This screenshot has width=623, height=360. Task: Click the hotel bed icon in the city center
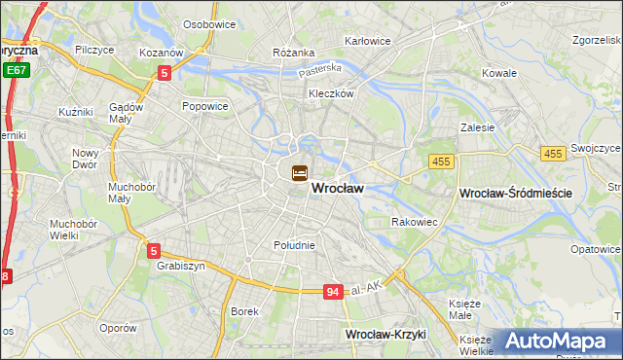point(299,173)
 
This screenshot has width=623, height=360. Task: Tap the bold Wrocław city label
point(338,192)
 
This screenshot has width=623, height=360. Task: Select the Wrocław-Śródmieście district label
point(515,195)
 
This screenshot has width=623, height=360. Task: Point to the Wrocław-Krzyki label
point(392,335)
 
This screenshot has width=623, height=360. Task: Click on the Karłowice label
point(368,42)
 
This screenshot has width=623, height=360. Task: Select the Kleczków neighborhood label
point(331,94)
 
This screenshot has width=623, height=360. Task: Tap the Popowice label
point(204,105)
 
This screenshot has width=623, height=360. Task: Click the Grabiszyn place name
point(177,265)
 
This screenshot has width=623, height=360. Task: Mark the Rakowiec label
point(414,222)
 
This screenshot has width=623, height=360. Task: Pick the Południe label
point(294,245)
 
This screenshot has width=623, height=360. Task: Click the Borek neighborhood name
point(244,311)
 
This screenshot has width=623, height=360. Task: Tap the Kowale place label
point(499,73)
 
